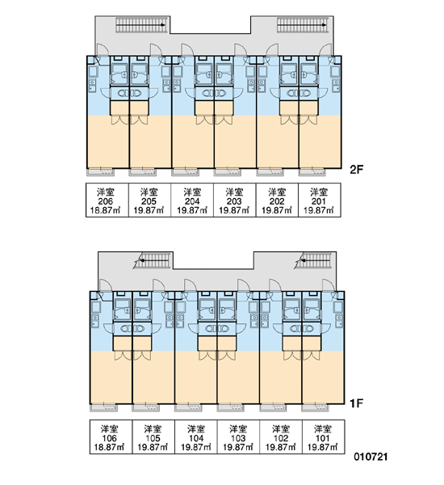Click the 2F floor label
pyautogui.click(x=357, y=170)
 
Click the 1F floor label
pyautogui.click(x=356, y=403)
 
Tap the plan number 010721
pyautogui.click(x=371, y=457)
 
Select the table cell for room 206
pyautogui.click(x=107, y=200)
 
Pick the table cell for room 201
pyautogui.click(x=320, y=200)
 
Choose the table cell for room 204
pyautogui.click(x=192, y=200)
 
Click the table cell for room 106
pyautogui.click(x=111, y=436)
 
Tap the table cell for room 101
pyautogui.click(x=323, y=436)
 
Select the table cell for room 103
pyautogui.click(x=238, y=436)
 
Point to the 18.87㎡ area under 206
pyautogui.click(x=105, y=211)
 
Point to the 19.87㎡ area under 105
pyautogui.click(x=153, y=447)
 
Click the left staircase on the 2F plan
pyautogui.click(x=142, y=25)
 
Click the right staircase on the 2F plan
pyautogui.click(x=303, y=25)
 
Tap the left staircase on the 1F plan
pyautogui.click(x=153, y=260)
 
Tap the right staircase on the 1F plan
pyautogui.click(x=315, y=260)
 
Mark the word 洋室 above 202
pyautogui.click(x=277, y=192)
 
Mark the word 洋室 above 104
pyautogui.click(x=196, y=429)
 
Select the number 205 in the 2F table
pyautogui.click(x=149, y=201)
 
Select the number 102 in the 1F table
pyautogui.click(x=281, y=438)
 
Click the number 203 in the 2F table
pyautogui.click(x=234, y=201)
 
